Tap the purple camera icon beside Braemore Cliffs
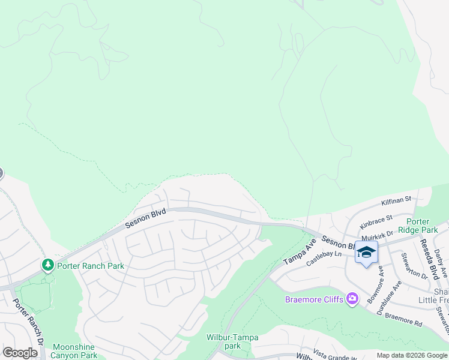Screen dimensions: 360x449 tap(352, 299)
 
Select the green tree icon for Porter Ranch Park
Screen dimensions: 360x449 tap(47, 265)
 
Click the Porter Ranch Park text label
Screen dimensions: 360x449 tap(89, 266)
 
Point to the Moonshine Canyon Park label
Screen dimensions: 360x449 tap(75, 351)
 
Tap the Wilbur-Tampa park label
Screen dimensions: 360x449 tap(232, 341)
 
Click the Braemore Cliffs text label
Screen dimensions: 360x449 tap(315, 299)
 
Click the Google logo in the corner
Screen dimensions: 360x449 tap(20, 353)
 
